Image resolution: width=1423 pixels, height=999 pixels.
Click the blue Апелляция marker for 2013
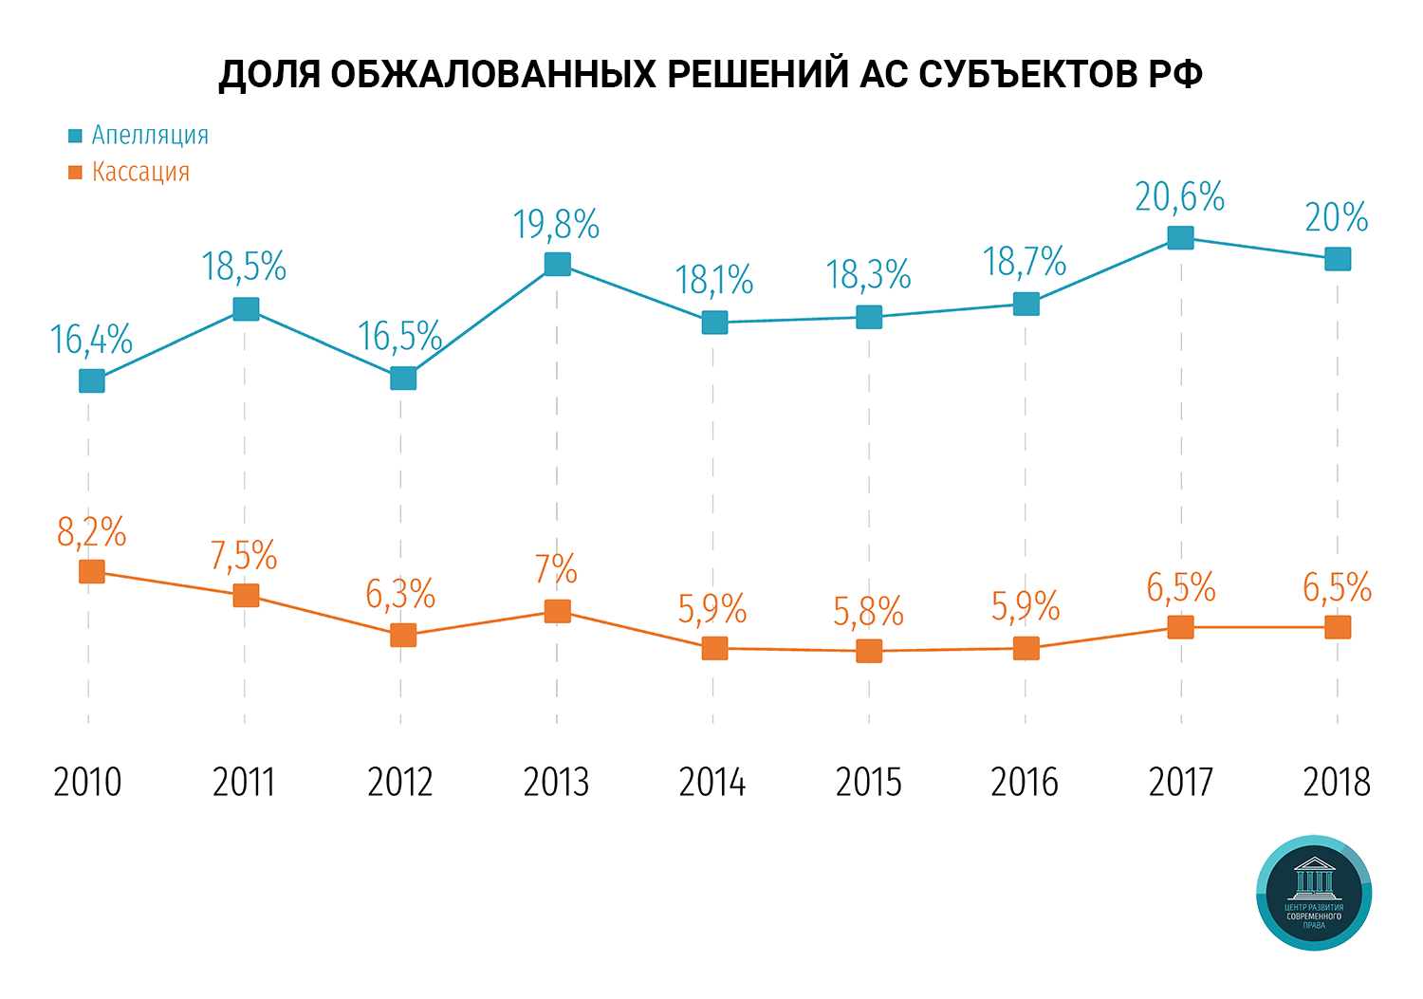[558, 264]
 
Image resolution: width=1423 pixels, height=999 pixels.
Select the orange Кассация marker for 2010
[91, 571]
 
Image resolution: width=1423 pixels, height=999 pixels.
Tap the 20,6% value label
[1179, 197]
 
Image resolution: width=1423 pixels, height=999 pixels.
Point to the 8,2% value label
[91, 533]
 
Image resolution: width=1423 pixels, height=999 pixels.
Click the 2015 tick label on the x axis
[868, 783]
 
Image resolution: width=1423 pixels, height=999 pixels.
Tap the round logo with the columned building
[1314, 893]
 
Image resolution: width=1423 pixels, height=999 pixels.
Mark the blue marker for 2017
[1180, 237]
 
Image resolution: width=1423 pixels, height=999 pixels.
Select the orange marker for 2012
[403, 635]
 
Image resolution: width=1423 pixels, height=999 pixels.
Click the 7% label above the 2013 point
[556, 569]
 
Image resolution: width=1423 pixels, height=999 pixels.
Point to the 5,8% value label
[868, 612]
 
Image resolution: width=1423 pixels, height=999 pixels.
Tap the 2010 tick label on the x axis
[88, 783]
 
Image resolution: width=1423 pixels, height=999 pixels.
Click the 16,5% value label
[399, 337]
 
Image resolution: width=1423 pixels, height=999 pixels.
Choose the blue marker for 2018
[1338, 259]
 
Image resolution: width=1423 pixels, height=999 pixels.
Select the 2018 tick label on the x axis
[1337, 783]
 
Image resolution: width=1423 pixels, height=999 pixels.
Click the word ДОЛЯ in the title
[269, 75]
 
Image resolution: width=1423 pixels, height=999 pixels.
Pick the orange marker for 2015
[869, 651]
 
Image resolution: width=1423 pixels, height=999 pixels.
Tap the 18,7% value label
[1025, 262]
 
